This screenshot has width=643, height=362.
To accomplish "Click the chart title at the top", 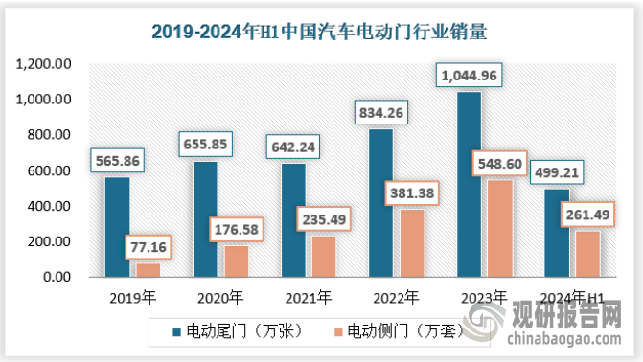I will click(321, 32).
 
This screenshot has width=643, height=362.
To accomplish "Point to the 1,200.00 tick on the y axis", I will click(44, 64).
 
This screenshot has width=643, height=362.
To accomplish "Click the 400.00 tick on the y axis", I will click(50, 206).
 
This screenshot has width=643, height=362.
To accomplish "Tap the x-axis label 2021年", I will click(305, 296).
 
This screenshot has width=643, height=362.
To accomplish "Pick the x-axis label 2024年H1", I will click(570, 296).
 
